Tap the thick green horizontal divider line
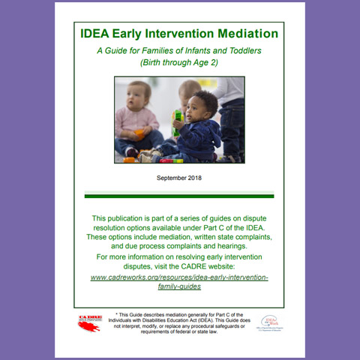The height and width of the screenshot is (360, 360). click(x=179, y=196)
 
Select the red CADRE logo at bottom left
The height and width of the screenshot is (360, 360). click(x=90, y=322)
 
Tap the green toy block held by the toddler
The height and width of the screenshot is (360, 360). click(x=178, y=119)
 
